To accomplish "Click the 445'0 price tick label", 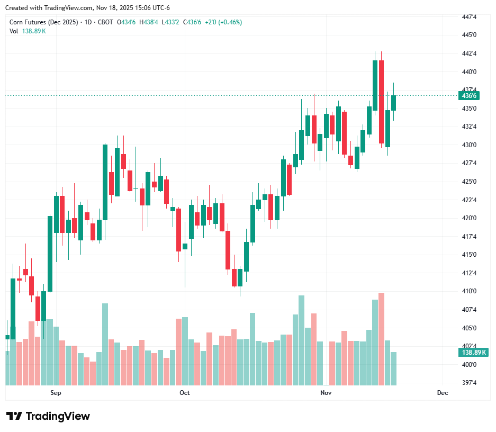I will click(469, 35).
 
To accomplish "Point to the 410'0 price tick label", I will click(469, 291).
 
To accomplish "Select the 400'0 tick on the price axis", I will click(469, 364).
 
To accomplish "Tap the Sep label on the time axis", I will click(56, 393).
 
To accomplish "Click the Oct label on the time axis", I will click(185, 393).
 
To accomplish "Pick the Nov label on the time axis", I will click(326, 393).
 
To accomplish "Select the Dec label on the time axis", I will click(443, 393).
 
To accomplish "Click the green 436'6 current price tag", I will click(470, 96).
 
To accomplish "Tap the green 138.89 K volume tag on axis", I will click(474, 352).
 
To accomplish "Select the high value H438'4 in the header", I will click(149, 22).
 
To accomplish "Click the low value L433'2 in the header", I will click(172, 22).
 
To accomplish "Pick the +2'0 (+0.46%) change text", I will click(224, 22).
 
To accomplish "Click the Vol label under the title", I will click(14, 31).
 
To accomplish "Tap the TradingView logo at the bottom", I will click(48, 416).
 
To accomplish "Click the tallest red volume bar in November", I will click(381, 339).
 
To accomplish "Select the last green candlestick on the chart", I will click(394, 103).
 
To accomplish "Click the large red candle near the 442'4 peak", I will click(381, 102).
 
